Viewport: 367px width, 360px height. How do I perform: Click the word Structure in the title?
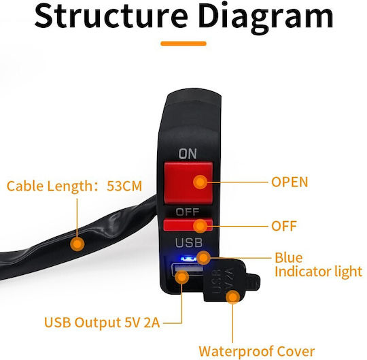tap(111, 16)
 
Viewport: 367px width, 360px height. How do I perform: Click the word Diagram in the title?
tap(266, 18)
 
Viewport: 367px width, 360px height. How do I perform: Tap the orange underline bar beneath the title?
tap(183, 44)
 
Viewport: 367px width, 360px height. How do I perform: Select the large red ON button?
tap(188, 182)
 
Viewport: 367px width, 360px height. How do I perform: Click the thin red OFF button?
tap(188, 225)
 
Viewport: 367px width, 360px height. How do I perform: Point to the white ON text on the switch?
tap(188, 154)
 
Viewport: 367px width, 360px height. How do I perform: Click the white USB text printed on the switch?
tap(189, 242)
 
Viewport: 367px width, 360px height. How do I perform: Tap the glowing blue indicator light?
tap(188, 259)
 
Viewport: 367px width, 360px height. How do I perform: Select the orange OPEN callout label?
tap(290, 182)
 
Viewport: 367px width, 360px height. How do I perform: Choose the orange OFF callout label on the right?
tap(284, 226)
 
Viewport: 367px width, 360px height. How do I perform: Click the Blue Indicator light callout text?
tap(318, 265)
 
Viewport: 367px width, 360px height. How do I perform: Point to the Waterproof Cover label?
tap(257, 351)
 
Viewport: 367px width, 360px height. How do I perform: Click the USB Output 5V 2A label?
tap(102, 323)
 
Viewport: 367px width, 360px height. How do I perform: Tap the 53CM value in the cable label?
tap(124, 186)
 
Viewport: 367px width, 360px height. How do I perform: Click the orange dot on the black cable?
tap(77, 244)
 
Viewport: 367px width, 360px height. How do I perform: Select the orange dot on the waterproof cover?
tap(233, 297)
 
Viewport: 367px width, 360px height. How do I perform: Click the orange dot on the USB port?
tap(182, 277)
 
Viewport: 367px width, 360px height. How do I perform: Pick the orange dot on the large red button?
tap(200, 182)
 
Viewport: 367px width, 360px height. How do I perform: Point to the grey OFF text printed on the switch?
tap(188, 212)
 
